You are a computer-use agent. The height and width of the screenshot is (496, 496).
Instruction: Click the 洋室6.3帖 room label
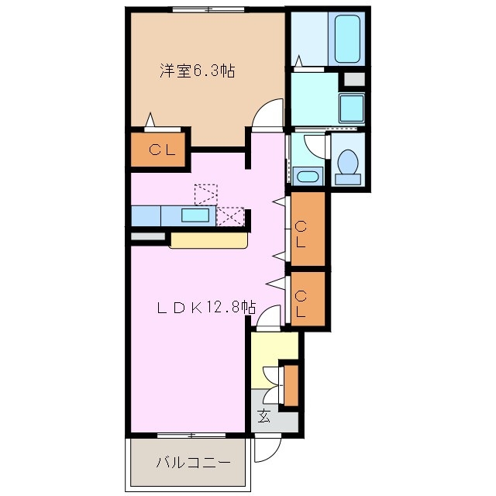[198, 71]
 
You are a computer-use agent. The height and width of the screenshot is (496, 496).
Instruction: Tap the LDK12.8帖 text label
[206, 307]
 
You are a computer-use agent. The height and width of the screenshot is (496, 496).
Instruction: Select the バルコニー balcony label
[192, 463]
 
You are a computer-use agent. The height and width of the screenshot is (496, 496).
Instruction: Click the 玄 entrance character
[264, 416]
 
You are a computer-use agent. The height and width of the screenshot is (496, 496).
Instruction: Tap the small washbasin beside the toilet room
[308, 175]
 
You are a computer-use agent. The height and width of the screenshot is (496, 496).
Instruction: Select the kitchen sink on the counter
[195, 215]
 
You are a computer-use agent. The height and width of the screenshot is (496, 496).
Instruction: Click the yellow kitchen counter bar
[208, 240]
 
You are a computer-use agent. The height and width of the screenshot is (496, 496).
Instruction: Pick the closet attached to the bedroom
[157, 150]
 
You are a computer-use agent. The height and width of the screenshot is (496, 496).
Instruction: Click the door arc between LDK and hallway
[268, 318]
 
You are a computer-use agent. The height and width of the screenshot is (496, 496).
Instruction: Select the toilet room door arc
[313, 146]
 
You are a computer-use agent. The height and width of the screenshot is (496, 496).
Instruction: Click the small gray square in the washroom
[353, 79]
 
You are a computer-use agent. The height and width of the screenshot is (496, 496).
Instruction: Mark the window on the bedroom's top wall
[206, 9]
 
